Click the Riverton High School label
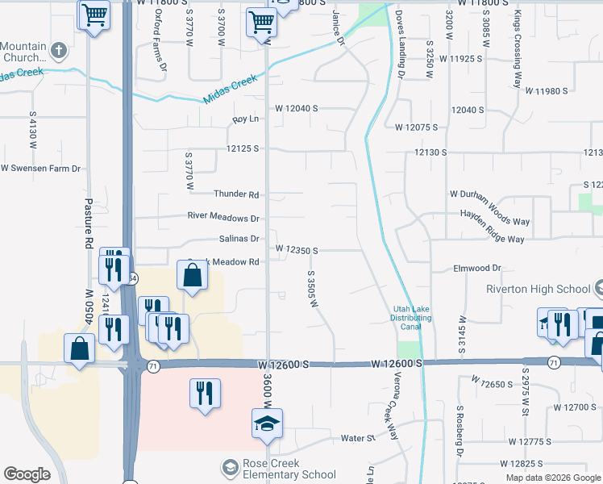538,290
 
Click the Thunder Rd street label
236,194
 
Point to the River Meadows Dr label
222,218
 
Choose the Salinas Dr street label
239,239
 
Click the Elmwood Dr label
477,268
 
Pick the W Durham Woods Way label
489,194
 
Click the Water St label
359,439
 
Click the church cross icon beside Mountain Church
58,52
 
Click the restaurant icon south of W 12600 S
206,393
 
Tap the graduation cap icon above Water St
267,423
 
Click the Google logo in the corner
27,474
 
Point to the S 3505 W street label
309,289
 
